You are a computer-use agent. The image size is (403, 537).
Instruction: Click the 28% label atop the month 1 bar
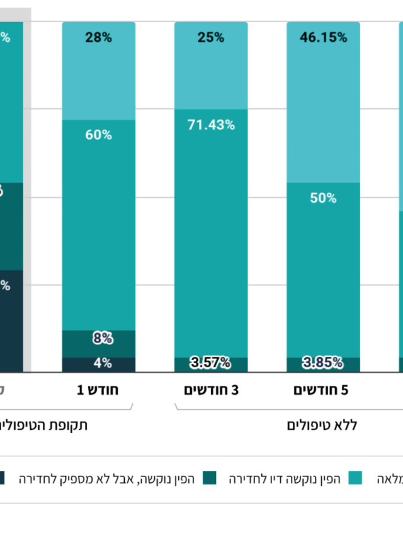tap(98, 37)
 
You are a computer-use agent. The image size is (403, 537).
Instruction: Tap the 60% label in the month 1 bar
tap(98, 135)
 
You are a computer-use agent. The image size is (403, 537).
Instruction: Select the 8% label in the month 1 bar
tap(103, 338)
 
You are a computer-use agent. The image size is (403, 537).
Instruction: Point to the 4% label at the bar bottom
tap(103, 363)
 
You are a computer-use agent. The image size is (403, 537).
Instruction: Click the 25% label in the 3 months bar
tap(210, 37)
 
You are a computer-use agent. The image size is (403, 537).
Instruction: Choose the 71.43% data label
tap(210, 125)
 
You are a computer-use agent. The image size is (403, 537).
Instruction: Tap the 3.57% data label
tap(210, 363)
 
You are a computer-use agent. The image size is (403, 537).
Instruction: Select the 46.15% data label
tap(324, 37)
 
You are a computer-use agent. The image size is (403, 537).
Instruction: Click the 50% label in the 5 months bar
tap(324, 198)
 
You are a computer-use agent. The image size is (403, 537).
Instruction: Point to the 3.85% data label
tap(324, 363)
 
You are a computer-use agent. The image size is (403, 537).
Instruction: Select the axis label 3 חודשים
tap(211, 390)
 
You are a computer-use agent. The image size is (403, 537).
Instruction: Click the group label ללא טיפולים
tap(322, 426)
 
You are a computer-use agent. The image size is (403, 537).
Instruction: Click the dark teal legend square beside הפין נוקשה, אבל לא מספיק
tap(210, 478)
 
